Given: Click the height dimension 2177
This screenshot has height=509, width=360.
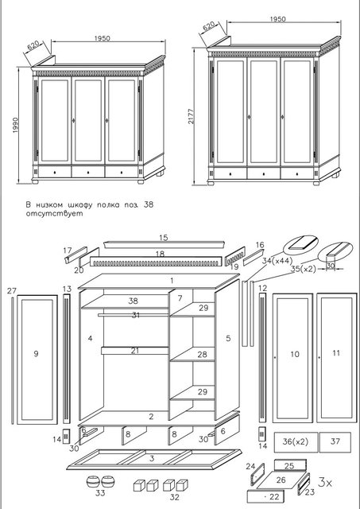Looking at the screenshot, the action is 191,117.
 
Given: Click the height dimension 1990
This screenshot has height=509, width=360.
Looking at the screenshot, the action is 16,126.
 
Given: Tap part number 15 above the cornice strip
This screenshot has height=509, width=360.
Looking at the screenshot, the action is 164,238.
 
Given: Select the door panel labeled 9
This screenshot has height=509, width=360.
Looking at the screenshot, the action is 37,359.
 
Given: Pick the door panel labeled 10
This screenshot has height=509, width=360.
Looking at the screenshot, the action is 292,358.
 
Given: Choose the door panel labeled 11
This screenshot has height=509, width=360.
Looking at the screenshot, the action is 336,357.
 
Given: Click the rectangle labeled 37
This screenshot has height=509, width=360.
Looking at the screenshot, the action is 335,442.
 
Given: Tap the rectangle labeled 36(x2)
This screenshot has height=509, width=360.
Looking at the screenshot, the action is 296,442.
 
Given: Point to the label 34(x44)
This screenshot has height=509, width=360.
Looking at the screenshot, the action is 277,260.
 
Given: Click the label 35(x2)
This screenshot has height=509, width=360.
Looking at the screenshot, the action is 303,269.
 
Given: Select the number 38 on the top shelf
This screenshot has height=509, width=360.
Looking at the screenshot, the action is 133,301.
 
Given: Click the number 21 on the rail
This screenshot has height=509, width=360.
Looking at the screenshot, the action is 135,351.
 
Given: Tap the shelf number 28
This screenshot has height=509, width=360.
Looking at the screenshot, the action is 202,354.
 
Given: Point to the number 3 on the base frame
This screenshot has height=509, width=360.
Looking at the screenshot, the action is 152,458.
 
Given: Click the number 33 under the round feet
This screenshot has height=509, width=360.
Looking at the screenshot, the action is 100,493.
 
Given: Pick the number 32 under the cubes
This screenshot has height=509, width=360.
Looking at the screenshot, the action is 175,496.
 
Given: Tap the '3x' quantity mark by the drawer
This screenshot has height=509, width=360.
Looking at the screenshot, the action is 325,483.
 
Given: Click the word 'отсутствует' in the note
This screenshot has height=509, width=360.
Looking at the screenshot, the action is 54,214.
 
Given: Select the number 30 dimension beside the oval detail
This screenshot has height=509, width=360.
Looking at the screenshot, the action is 331,265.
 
